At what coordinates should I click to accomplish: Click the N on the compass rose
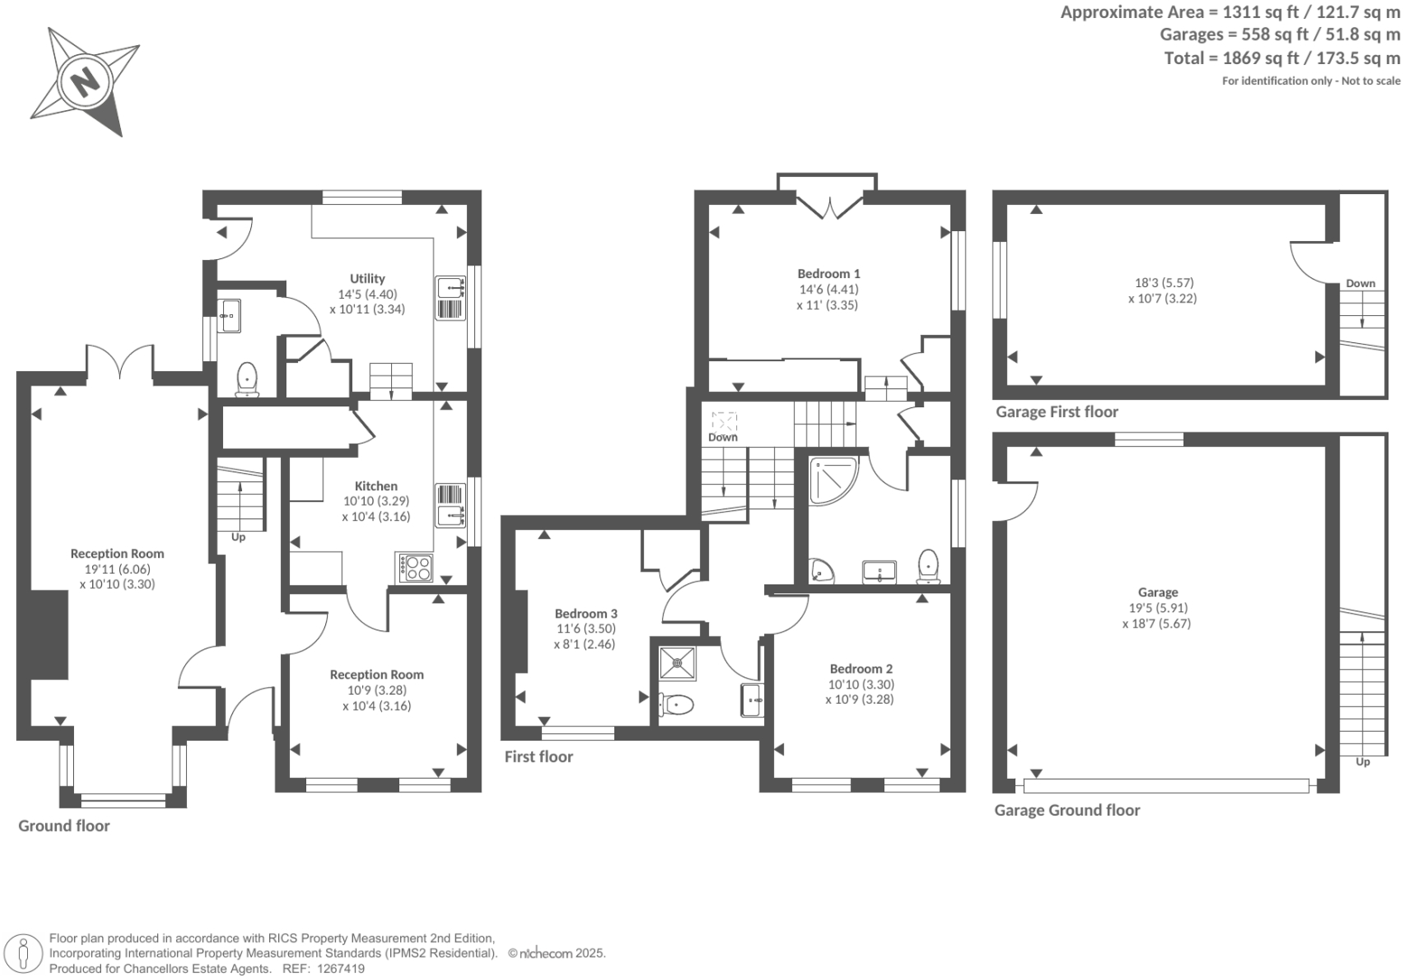tap(85, 81)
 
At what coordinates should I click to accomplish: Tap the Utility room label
tap(367, 279)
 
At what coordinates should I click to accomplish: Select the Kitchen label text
tap(376, 486)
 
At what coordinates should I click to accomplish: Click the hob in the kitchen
tap(415, 568)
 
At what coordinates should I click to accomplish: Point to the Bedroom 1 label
tap(828, 274)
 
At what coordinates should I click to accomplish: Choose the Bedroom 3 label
tap(585, 613)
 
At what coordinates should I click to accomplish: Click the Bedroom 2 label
tap(861, 668)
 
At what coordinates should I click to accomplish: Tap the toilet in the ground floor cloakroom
tap(248, 378)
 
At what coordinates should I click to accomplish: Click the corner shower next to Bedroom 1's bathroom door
tap(833, 481)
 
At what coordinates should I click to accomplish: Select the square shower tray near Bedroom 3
tap(677, 663)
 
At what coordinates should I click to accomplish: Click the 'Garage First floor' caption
tap(1057, 412)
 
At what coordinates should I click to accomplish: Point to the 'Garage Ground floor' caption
tap(1067, 810)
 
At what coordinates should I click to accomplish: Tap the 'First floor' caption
tap(538, 757)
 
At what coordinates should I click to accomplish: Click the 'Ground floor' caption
tap(64, 826)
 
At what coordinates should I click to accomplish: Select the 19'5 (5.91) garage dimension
tap(1158, 607)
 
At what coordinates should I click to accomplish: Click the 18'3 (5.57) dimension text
tap(1164, 283)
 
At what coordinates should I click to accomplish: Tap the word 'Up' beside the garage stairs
tap(1363, 762)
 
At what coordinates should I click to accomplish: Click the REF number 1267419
tap(341, 969)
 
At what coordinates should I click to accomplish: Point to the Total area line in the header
tap(1281, 58)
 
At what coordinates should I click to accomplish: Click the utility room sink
tap(450, 287)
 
